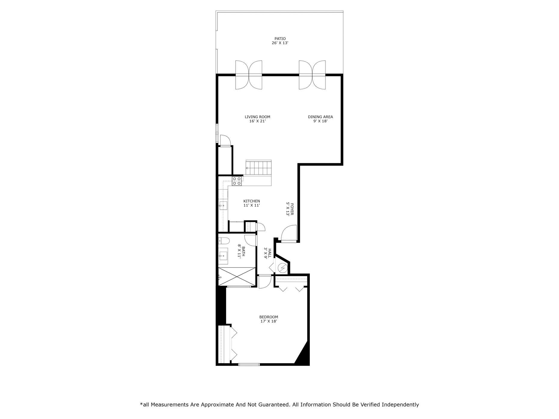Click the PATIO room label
280,39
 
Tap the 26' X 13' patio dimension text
280,43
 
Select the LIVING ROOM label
257,117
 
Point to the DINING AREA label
320,117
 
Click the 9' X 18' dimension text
320,121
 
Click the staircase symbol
259,169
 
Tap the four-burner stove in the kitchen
237,181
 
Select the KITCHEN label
252,201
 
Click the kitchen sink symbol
223,206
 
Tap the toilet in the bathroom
224,241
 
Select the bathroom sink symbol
223,256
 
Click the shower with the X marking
237,276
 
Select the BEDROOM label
268,317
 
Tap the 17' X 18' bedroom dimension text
268,321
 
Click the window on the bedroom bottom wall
249,364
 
